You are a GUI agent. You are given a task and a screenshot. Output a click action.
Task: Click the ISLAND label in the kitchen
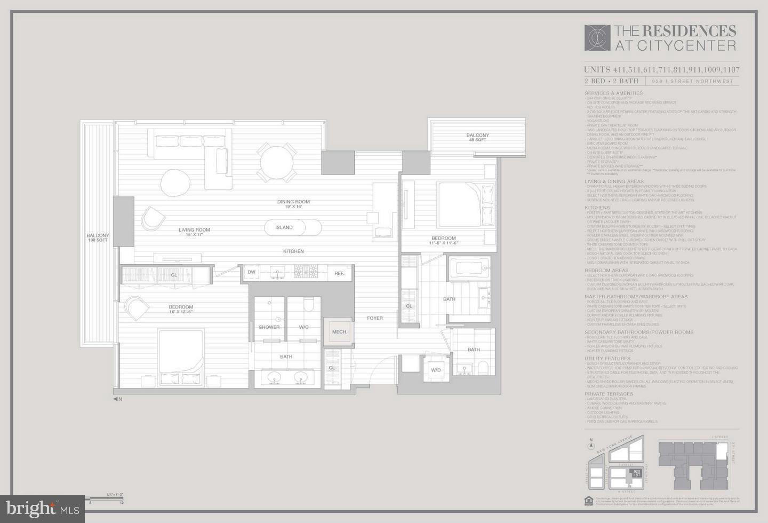(284, 227)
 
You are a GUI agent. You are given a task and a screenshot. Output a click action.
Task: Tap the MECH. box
(340, 332)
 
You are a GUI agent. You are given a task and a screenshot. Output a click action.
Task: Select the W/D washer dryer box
(436, 370)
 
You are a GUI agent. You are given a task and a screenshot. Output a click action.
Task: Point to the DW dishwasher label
(251, 272)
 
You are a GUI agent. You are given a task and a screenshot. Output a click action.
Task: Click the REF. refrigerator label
(339, 273)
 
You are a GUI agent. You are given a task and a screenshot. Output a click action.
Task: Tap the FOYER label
(375, 318)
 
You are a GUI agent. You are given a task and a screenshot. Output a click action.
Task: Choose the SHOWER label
(269, 327)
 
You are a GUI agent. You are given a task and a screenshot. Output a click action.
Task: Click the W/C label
(303, 327)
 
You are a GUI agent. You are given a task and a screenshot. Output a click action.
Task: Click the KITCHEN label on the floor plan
(293, 251)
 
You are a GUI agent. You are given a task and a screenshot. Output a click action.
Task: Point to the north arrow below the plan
(117, 399)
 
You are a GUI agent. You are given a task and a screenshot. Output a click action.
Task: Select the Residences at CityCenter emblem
(597, 38)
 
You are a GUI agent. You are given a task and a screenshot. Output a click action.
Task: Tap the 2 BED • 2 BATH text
(611, 81)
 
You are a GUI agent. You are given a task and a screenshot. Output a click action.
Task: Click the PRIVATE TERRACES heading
(609, 394)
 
